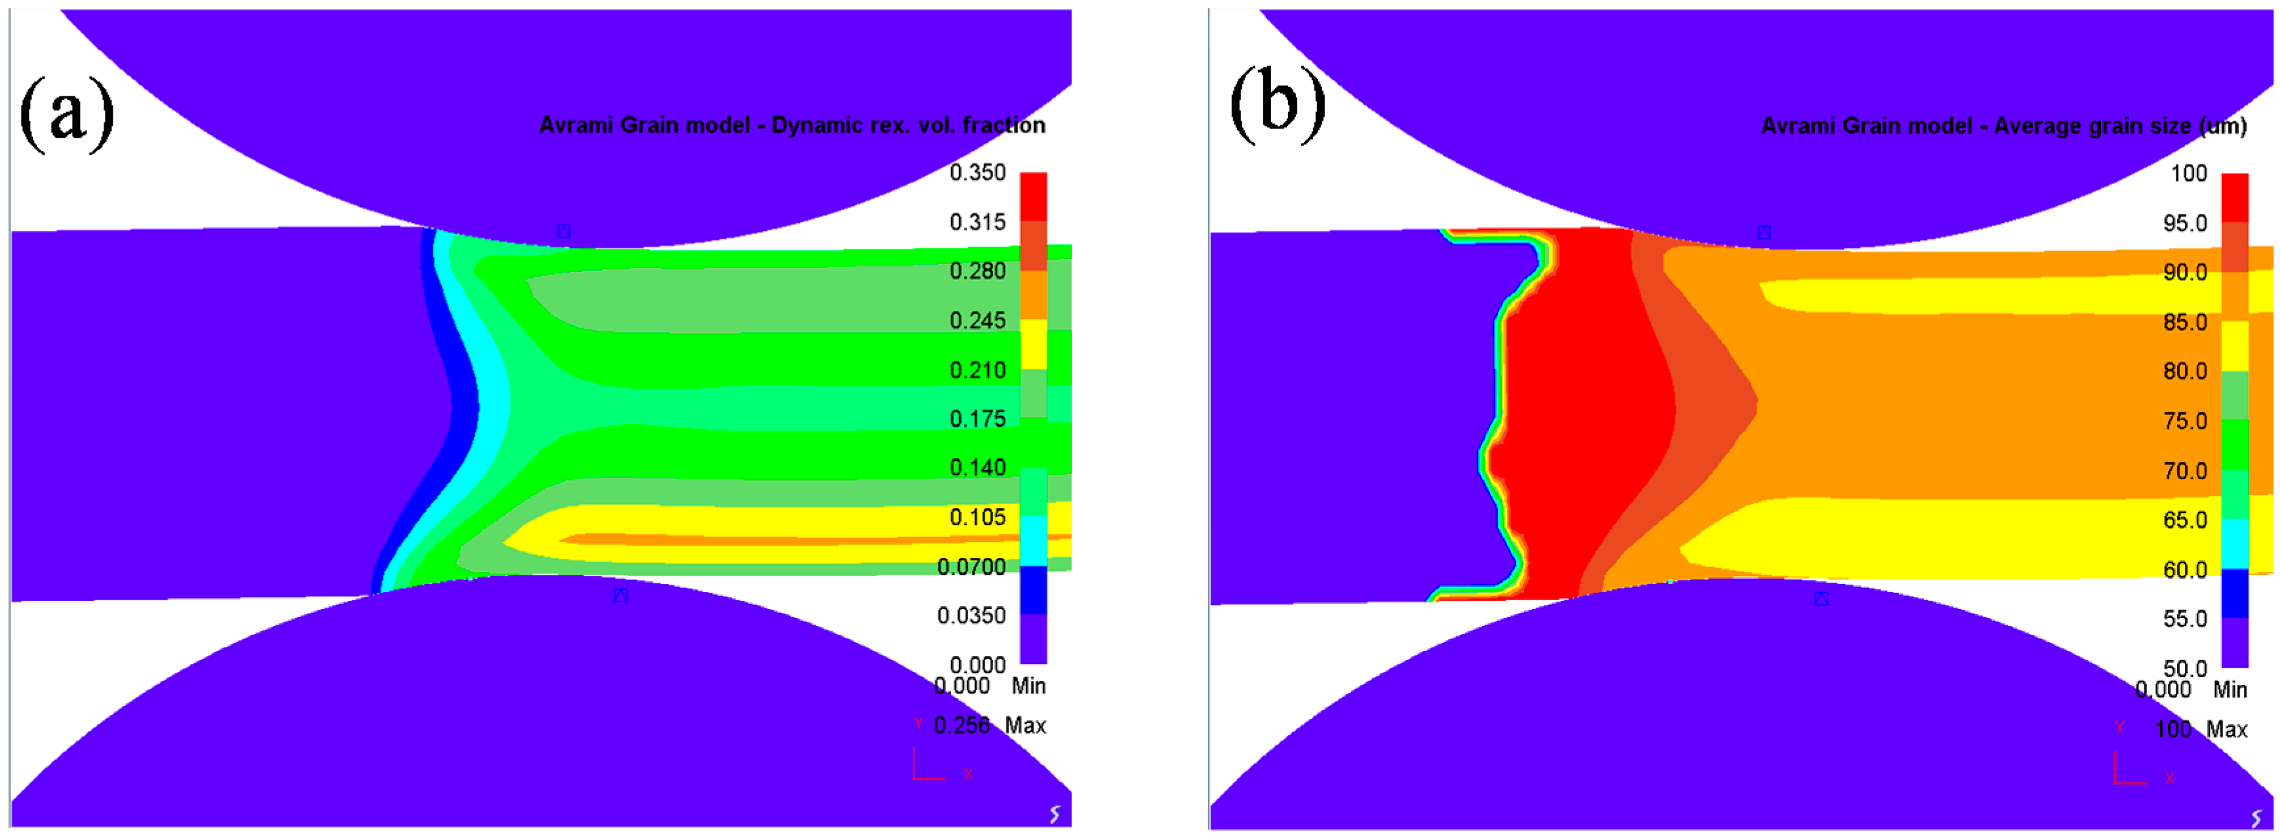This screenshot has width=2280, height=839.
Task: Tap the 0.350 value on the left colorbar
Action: [977, 172]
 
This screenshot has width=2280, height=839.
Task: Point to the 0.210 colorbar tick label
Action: [977, 370]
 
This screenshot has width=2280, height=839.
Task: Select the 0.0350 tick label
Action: [971, 616]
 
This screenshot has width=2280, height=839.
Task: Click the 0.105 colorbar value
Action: [977, 518]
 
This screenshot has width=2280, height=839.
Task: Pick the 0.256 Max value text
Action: [962, 726]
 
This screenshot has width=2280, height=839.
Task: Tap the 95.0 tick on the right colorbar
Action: [2186, 223]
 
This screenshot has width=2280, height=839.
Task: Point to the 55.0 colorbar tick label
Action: [2186, 619]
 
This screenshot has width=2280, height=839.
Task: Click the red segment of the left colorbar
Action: [1033, 197]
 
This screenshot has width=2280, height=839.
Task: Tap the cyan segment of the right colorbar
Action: [2235, 543]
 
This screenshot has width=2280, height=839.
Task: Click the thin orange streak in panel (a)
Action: [796, 538]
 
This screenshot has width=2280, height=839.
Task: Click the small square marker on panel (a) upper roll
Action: [564, 232]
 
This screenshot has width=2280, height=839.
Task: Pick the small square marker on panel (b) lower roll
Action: [1822, 599]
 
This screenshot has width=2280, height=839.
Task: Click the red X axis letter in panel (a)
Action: [968, 774]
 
